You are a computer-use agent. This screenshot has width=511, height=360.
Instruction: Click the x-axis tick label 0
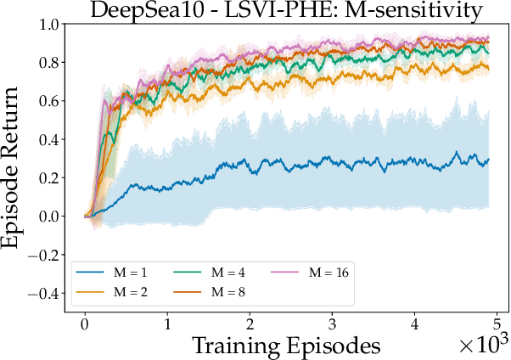pos(85,324)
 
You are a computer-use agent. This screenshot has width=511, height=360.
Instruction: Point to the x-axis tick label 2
pos(250,324)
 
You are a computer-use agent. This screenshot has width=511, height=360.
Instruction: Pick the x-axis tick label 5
pos(497,324)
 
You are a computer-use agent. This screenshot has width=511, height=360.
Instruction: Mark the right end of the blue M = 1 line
pos(489,160)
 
